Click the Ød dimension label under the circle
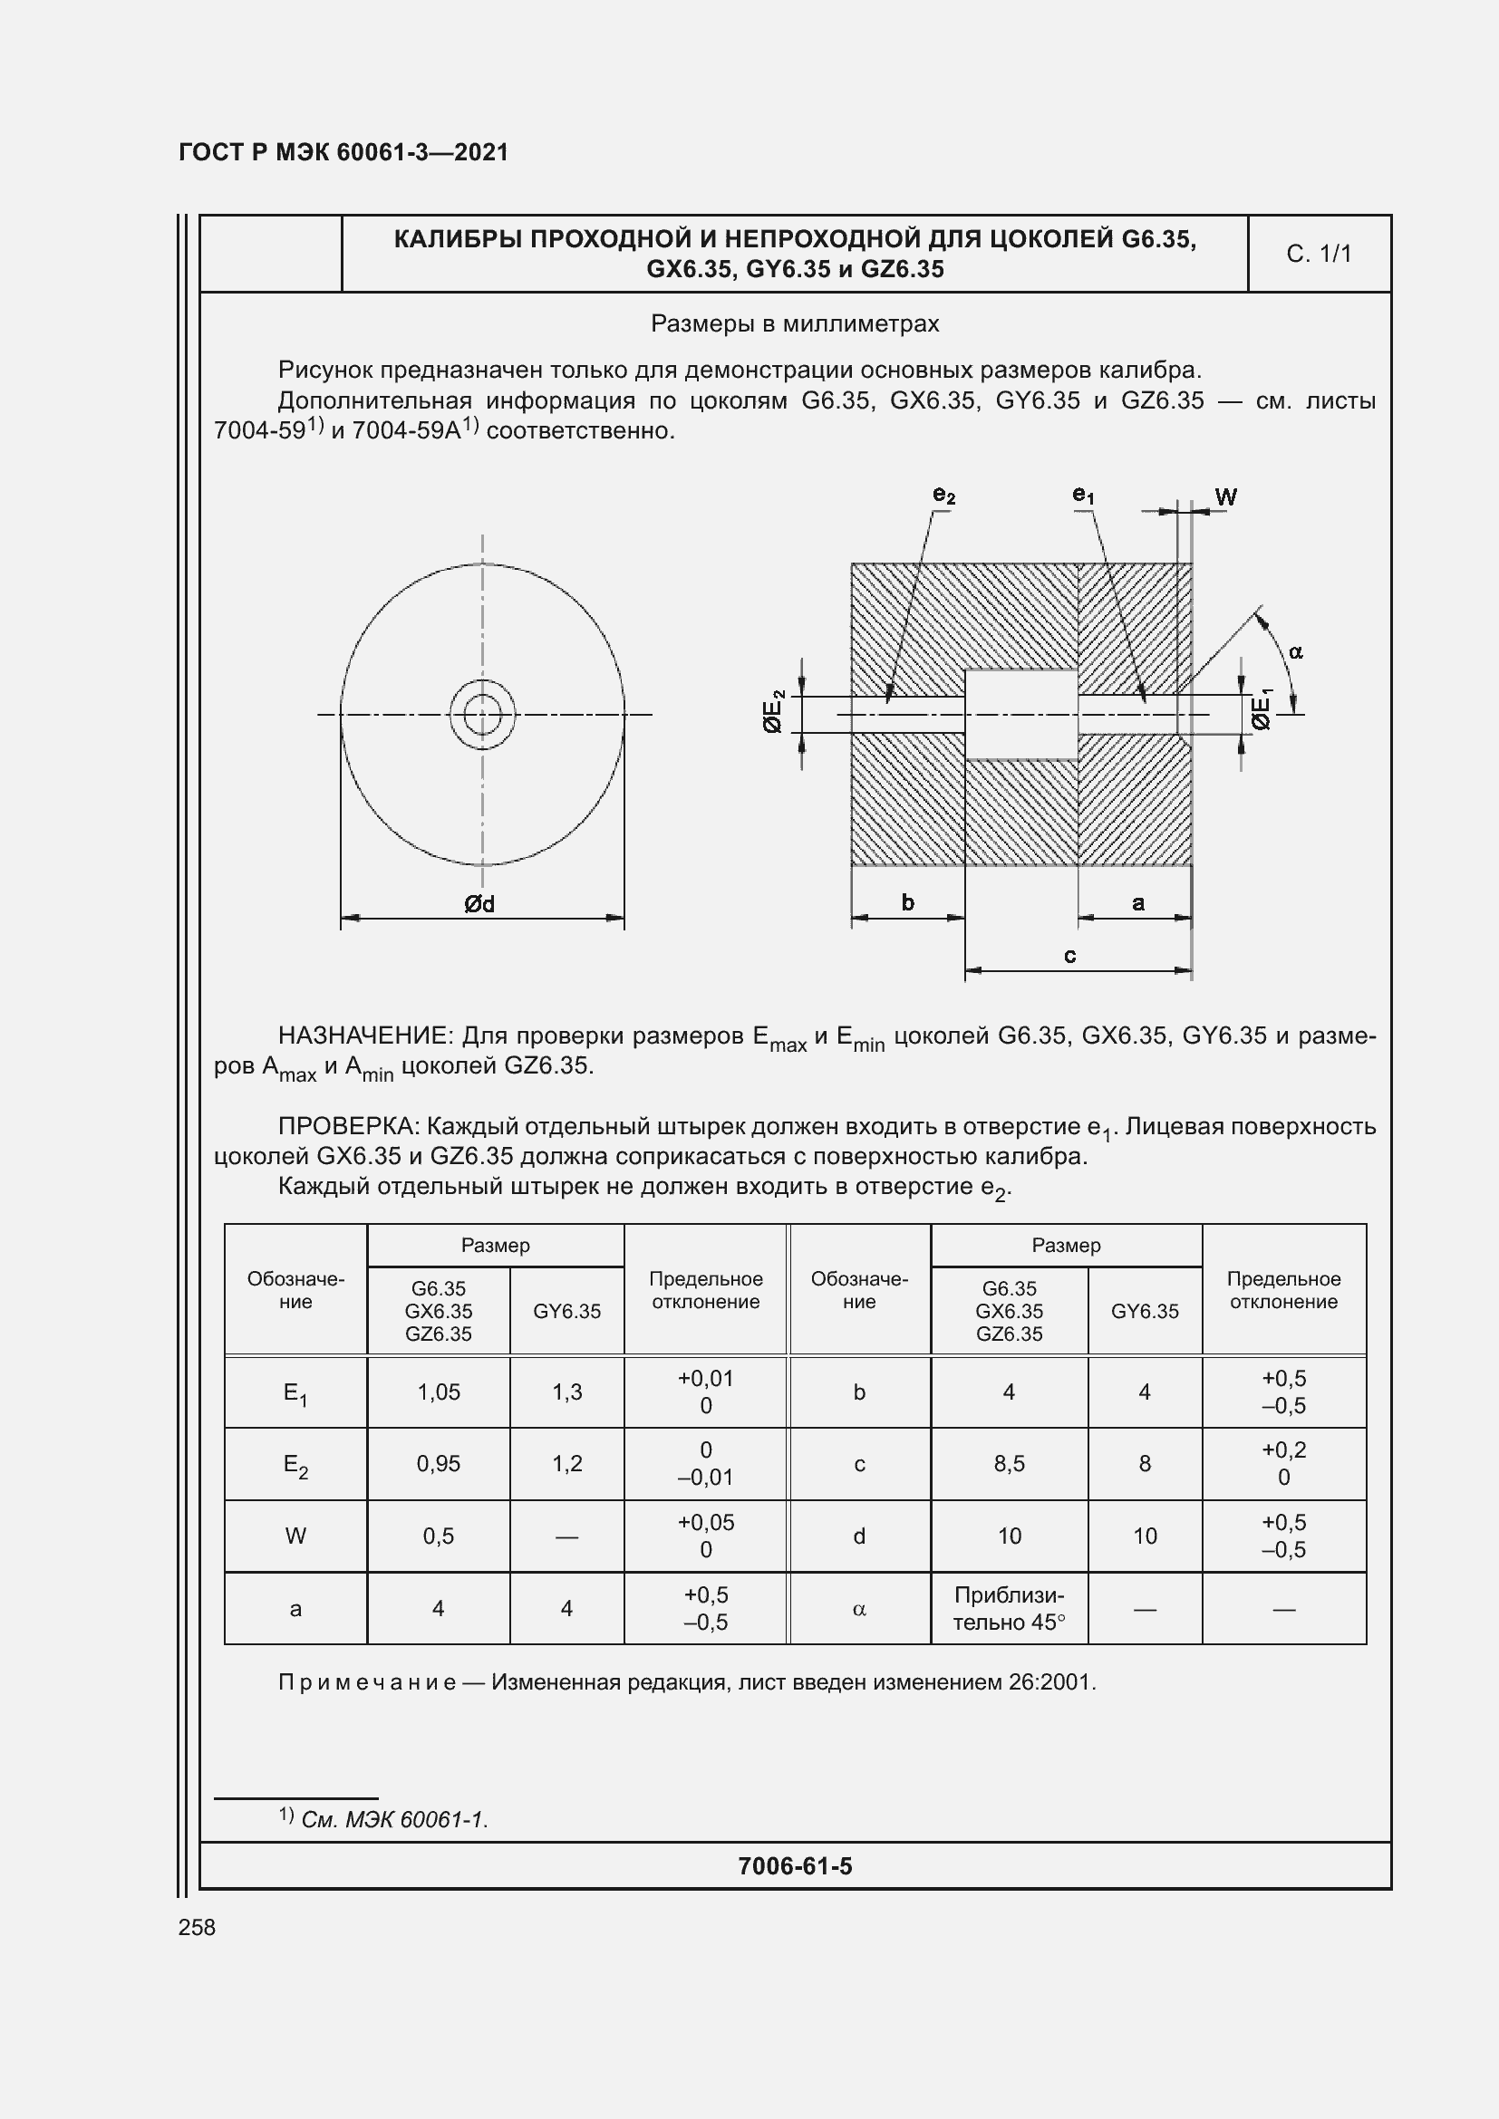click(x=479, y=904)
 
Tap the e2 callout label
click(x=943, y=496)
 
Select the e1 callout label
click(x=1083, y=496)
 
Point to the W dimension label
click(x=1226, y=497)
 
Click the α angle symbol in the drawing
click(x=1296, y=652)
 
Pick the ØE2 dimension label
click(x=773, y=711)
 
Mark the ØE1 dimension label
click(x=1262, y=709)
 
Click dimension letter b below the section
click(x=907, y=902)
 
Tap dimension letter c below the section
click(x=1069, y=956)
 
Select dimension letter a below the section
click(x=1138, y=902)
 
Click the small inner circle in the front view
click(x=483, y=713)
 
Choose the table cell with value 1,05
click(x=439, y=1392)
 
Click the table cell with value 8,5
click(x=1009, y=1464)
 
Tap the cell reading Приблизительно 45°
click(x=1009, y=1609)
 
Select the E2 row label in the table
click(x=295, y=1465)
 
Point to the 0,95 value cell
click(x=439, y=1464)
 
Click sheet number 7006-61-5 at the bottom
click(x=795, y=1866)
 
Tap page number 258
click(x=197, y=1927)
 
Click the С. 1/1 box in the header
click(x=1318, y=254)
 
